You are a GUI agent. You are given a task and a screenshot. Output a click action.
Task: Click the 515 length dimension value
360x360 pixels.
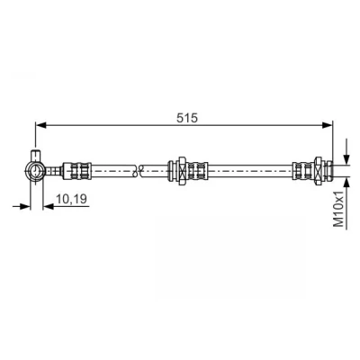[187, 118]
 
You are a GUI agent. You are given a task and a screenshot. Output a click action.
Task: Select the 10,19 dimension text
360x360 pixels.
[71, 198]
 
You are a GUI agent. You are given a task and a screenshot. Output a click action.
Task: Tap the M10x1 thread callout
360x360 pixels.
[338, 210]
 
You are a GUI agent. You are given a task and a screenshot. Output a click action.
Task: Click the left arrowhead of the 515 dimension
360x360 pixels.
[41, 125]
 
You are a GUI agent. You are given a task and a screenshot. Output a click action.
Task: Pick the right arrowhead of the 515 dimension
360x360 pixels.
[328, 125]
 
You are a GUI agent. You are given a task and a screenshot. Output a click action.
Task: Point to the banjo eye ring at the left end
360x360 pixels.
[36, 171]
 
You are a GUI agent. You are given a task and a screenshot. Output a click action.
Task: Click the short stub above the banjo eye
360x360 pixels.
[36, 156]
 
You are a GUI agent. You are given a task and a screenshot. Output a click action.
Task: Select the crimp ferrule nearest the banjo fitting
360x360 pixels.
[76, 171]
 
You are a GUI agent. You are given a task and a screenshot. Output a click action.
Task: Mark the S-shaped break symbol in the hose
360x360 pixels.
[138, 171]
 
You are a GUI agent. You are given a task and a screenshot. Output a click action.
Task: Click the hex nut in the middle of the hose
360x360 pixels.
[182, 171]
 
